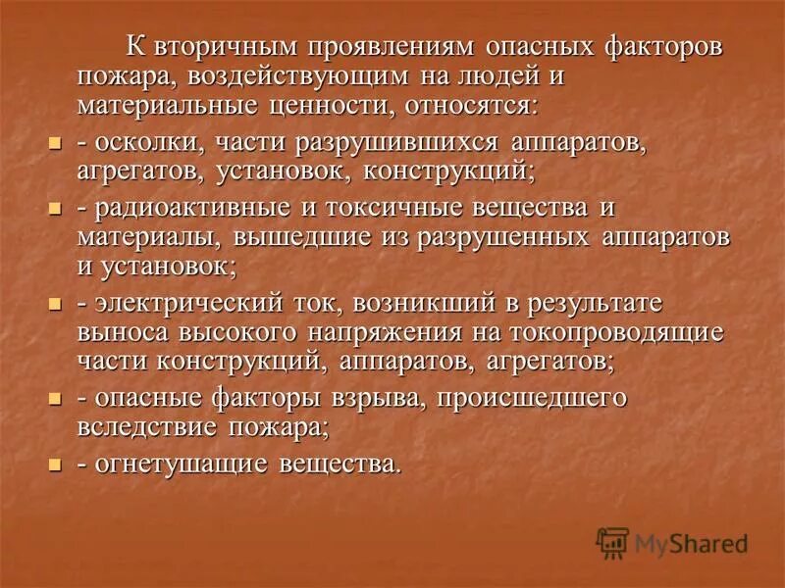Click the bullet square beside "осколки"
point(55,144)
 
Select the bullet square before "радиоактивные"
point(55,209)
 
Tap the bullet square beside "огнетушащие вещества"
point(55,465)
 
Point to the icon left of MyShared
point(613,542)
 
